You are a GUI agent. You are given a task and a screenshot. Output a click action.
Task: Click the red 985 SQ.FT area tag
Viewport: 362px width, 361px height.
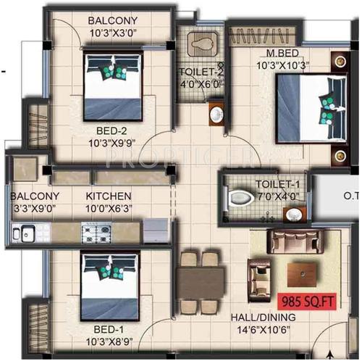306,298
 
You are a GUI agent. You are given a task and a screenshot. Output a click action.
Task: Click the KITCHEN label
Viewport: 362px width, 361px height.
108,196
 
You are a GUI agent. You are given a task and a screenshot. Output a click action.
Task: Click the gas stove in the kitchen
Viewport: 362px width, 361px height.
97,233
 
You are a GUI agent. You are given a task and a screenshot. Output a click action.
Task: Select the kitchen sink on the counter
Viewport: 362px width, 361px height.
26,233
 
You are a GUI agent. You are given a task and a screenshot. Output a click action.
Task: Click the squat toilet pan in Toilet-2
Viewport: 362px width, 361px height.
200,44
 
